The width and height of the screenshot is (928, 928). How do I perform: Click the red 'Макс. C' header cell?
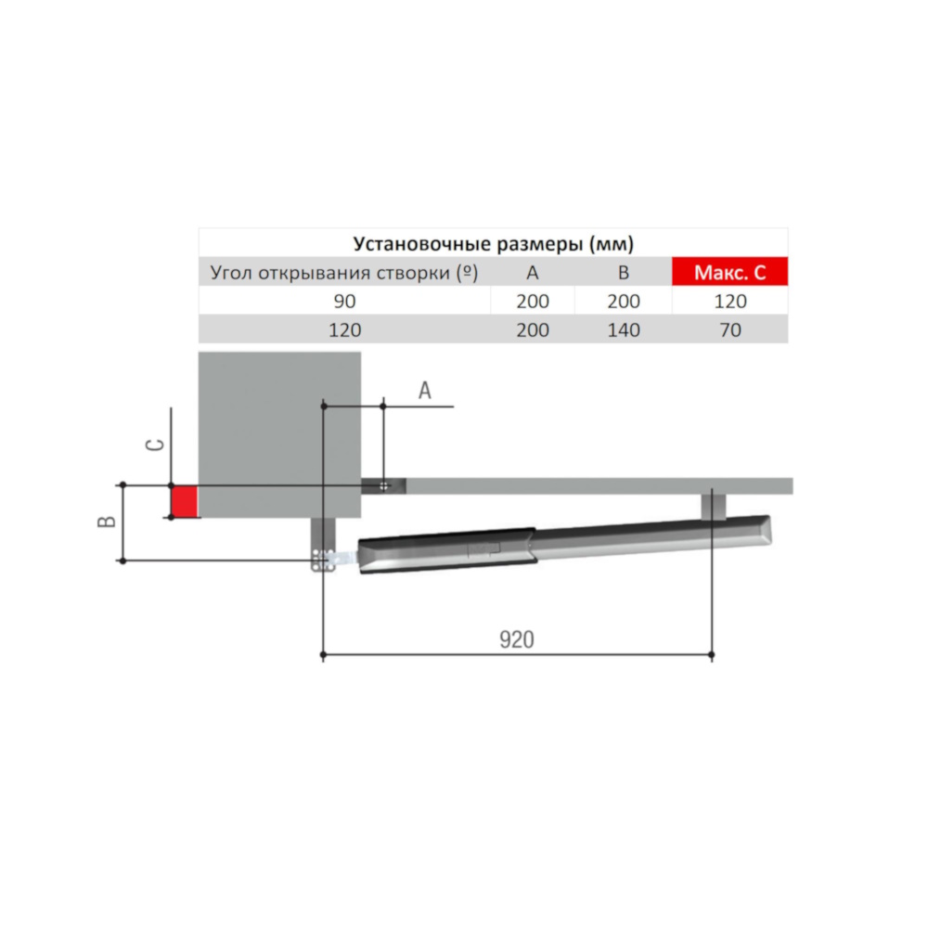pyautogui.click(x=729, y=272)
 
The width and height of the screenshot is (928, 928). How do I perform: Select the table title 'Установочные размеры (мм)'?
pyautogui.click(x=493, y=243)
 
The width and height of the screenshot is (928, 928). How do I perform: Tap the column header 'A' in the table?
pyautogui.click(x=532, y=273)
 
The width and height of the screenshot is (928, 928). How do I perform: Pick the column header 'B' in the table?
pyautogui.click(x=624, y=273)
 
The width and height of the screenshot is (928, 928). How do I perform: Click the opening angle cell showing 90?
pyautogui.click(x=344, y=302)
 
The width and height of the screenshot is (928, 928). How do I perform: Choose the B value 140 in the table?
pyautogui.click(x=624, y=329)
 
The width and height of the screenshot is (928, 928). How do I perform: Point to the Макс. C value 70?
pyautogui.click(x=730, y=329)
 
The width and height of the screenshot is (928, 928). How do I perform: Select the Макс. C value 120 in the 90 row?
pyautogui.click(x=730, y=302)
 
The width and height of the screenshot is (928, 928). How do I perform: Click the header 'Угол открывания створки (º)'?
pyautogui.click(x=344, y=273)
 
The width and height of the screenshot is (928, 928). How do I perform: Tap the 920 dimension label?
pyautogui.click(x=517, y=639)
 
